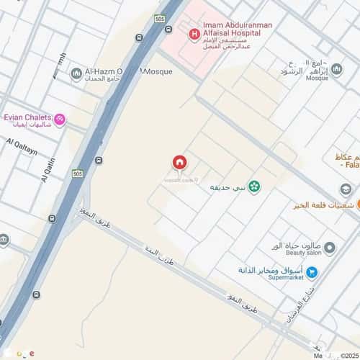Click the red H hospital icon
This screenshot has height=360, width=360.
pyautogui.click(x=193, y=33)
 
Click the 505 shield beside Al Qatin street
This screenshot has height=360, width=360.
pyautogui.click(x=78, y=173)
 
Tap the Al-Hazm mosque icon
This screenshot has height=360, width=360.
pyautogui.click(x=77, y=73)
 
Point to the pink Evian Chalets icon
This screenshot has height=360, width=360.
pyautogui.click(x=60, y=119)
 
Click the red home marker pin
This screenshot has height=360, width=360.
pyautogui.click(x=179, y=164)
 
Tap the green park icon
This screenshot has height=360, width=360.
pyautogui.click(x=253, y=186)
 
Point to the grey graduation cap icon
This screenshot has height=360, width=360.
pyautogui.click(x=346, y=189)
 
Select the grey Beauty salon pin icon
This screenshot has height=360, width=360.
pyautogui.click(x=330, y=248)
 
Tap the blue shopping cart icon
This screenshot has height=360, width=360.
pyautogui.click(x=312, y=272)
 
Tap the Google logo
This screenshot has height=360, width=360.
pyautogui.click(x=17, y=354)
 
